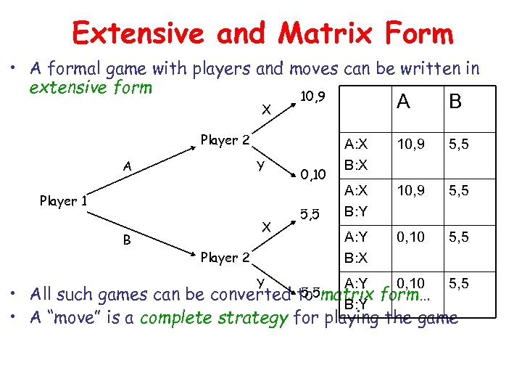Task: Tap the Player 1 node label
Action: point(64,201)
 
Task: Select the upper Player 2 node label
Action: point(225,140)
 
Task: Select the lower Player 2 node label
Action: point(225,257)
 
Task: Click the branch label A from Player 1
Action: point(127,166)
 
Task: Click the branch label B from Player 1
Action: point(127,240)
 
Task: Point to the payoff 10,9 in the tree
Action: point(312,97)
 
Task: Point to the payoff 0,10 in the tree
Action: point(314,173)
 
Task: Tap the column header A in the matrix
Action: point(403,102)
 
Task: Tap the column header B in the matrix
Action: point(455,102)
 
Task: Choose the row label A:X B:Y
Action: point(356,201)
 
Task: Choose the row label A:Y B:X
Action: point(356,247)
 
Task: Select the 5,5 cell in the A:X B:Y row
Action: point(458,190)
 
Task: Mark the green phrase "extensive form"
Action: point(91,88)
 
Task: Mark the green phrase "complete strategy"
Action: point(214,318)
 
